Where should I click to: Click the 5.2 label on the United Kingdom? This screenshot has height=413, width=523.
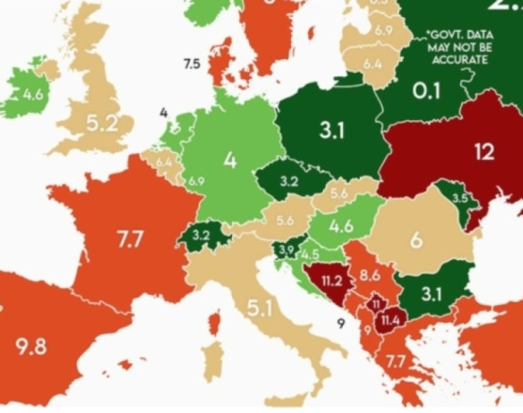pyautogui.click(x=103, y=124)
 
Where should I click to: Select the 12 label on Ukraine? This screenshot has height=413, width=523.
pyautogui.click(x=484, y=152)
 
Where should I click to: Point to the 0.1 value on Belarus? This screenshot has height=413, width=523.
pyautogui.click(x=427, y=92)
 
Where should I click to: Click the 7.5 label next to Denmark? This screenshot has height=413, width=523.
pyautogui.click(x=191, y=64)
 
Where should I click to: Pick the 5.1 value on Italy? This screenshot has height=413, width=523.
pyautogui.click(x=259, y=308)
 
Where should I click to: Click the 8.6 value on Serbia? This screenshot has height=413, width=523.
pyautogui.click(x=369, y=273)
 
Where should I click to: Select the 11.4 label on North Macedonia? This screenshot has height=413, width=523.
pyautogui.click(x=391, y=320)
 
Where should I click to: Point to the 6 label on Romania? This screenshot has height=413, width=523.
pyautogui.click(x=417, y=240)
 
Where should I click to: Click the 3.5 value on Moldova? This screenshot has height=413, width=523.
pyautogui.click(x=459, y=198)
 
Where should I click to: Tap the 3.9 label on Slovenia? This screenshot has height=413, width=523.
pyautogui.click(x=287, y=250)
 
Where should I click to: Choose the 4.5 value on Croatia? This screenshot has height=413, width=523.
pyautogui.click(x=310, y=256)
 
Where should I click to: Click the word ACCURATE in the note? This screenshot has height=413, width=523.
pyautogui.click(x=461, y=60)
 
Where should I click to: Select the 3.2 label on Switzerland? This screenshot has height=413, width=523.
pyautogui.click(x=202, y=235)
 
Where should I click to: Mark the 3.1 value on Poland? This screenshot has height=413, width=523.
pyautogui.click(x=332, y=131)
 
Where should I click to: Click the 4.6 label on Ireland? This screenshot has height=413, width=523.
pyautogui.click(x=34, y=94)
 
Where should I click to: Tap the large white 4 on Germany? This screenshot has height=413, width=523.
pyautogui.click(x=229, y=161)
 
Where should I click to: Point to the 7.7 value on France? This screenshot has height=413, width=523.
pyautogui.click(x=129, y=240)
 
